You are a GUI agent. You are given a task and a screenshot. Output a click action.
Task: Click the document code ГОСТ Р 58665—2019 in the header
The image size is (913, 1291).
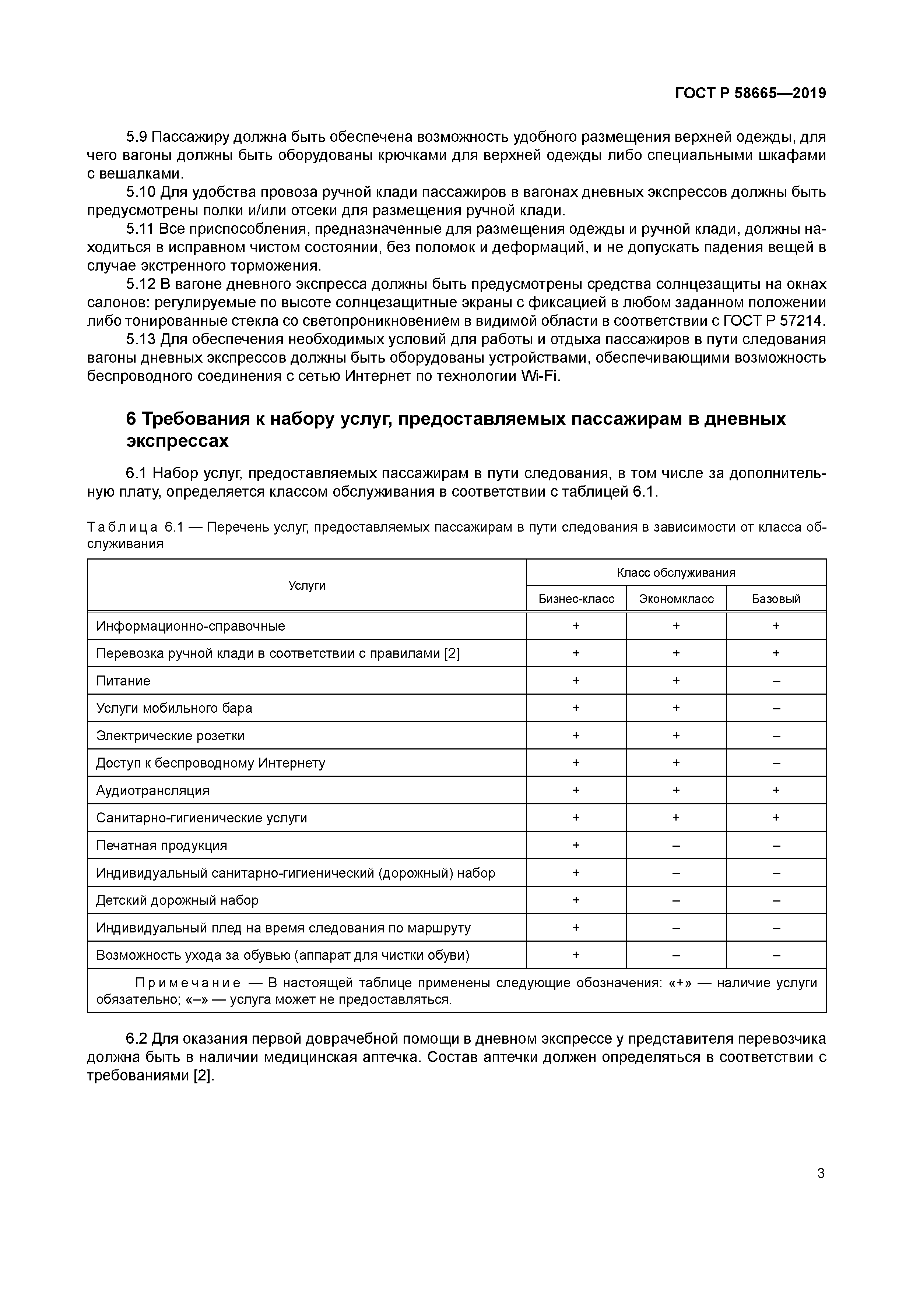(751, 94)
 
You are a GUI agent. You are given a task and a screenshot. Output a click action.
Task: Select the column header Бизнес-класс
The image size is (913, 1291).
(576, 599)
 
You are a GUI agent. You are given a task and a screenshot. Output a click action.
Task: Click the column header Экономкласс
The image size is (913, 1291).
(676, 599)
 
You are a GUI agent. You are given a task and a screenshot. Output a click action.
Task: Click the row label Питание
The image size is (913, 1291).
(123, 681)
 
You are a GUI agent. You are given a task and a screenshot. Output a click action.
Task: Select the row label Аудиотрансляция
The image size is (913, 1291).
(152, 791)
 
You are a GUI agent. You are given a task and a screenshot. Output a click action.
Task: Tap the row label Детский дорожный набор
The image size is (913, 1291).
(177, 900)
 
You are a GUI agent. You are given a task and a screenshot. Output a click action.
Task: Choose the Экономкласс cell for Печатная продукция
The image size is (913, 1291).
(676, 846)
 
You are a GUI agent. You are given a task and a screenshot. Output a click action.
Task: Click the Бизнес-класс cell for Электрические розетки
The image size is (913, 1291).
(576, 736)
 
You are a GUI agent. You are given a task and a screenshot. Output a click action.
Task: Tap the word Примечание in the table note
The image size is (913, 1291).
(188, 983)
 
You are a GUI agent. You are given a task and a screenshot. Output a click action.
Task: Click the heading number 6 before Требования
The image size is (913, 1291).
(131, 419)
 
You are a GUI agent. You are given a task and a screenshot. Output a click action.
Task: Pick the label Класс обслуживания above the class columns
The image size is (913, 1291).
(676, 572)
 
